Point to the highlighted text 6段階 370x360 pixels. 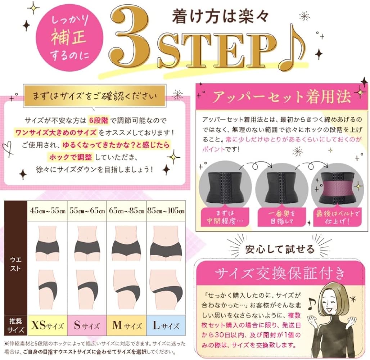96,120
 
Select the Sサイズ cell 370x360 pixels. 87,326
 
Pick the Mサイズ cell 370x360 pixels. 126,326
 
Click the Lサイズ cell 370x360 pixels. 166,326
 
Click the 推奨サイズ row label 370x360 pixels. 14,326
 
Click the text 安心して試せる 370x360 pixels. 280,248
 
